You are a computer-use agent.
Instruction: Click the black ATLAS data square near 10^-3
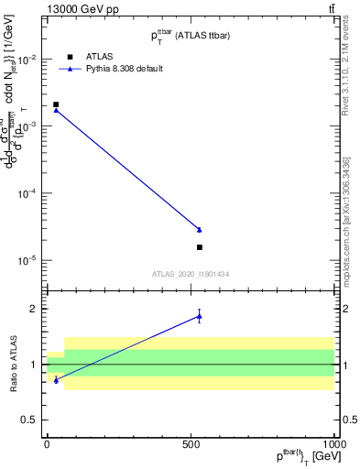[56, 104]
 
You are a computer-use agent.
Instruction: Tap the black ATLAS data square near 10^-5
[200, 247]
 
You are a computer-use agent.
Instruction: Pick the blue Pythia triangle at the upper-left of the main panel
[56, 110]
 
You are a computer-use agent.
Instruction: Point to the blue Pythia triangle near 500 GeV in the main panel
[200, 229]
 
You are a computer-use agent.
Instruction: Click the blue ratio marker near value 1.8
[200, 317]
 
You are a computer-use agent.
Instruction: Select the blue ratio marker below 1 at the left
[56, 379]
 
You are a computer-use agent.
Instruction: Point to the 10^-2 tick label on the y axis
[28, 60]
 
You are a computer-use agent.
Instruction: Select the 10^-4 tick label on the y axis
[28, 194]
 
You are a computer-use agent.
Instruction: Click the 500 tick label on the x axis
[191, 442]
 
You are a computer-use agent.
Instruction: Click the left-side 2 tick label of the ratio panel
[36, 309]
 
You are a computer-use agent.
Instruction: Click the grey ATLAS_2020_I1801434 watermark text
[191, 274]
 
